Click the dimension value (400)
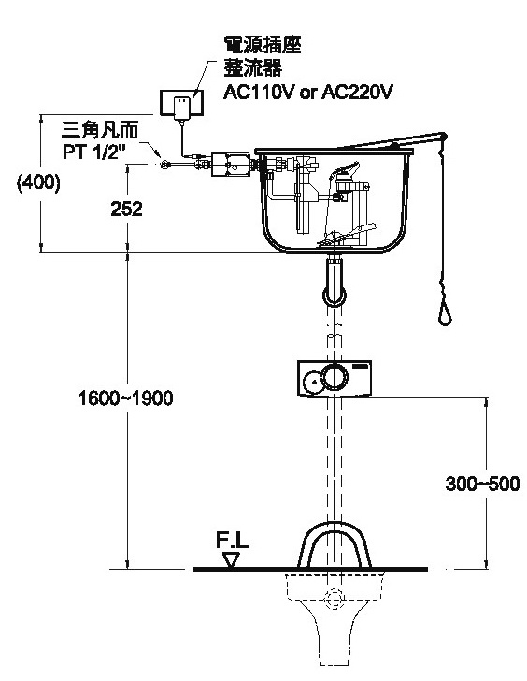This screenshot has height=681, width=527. pos(38,182)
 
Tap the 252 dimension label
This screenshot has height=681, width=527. pos(126,209)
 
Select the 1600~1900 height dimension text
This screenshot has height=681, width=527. pos(126,398)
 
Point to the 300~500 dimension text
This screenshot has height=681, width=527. pos(482,484)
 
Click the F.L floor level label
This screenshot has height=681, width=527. pos(232,541)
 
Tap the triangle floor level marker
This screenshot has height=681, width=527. pos(231,559)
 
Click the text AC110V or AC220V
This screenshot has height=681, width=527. pos(307,92)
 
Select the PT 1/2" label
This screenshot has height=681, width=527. pos(93,152)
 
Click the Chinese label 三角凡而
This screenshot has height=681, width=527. pos(100,130)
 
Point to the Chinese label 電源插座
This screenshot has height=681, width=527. pos(262,45)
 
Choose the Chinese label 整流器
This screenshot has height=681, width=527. pos(252,67)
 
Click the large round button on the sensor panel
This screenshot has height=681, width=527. pos(335,376)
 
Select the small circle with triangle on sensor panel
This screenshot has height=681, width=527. pos(313,382)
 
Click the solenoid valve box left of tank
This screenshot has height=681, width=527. pos(231,165)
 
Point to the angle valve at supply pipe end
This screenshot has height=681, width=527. pos(164,165)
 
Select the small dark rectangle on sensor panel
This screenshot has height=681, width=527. pos(361,367)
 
